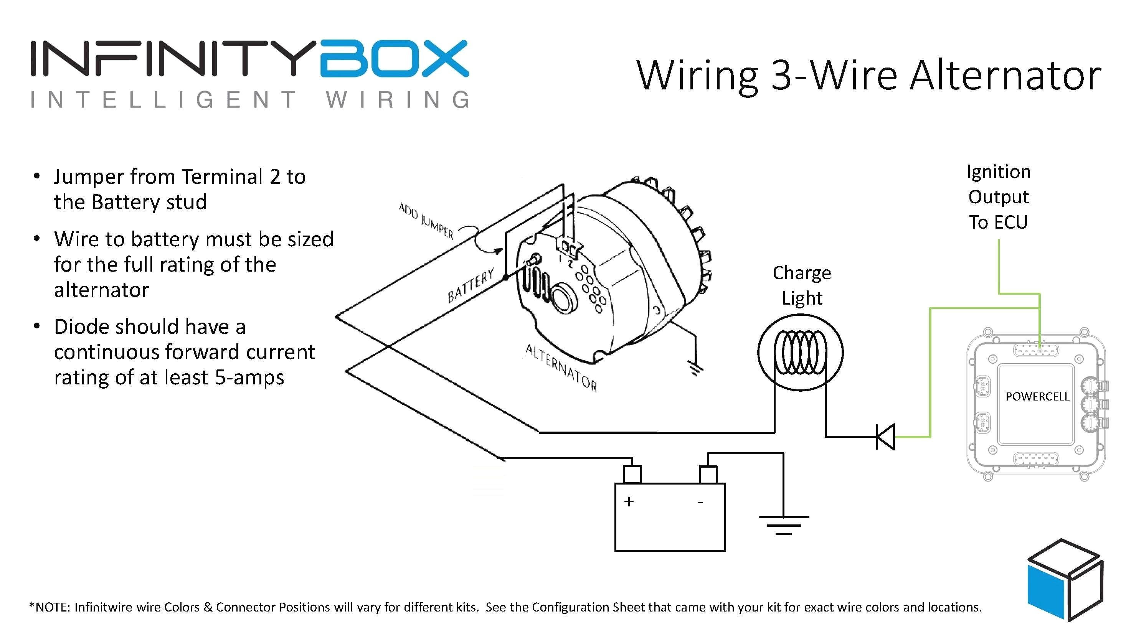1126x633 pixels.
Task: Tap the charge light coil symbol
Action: (800, 353)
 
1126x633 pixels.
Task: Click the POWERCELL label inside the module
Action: (1037, 396)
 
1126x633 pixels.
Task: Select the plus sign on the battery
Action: (629, 501)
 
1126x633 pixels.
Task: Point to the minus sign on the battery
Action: (700, 503)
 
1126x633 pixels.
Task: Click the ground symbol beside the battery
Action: (783, 524)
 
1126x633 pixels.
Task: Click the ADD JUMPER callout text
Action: (426, 221)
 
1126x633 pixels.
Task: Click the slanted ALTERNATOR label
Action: (561, 368)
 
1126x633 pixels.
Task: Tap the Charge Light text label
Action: (802, 285)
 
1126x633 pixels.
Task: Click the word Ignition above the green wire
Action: (998, 172)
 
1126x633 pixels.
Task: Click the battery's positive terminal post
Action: (632, 474)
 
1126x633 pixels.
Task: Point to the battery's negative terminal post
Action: (708, 475)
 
